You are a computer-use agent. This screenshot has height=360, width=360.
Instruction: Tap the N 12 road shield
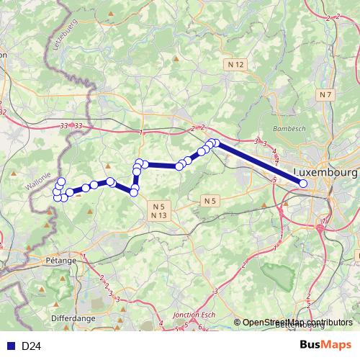click(236, 65)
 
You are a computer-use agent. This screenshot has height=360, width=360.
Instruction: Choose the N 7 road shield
click(326, 95)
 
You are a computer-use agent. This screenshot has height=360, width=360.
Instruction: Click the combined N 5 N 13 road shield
click(159, 210)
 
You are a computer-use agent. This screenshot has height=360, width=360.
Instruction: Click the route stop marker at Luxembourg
click(303, 184)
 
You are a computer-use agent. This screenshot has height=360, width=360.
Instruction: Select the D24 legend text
click(30, 346)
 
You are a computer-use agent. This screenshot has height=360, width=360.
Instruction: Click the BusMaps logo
click(325, 346)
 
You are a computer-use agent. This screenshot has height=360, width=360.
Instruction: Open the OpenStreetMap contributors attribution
click(298, 323)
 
